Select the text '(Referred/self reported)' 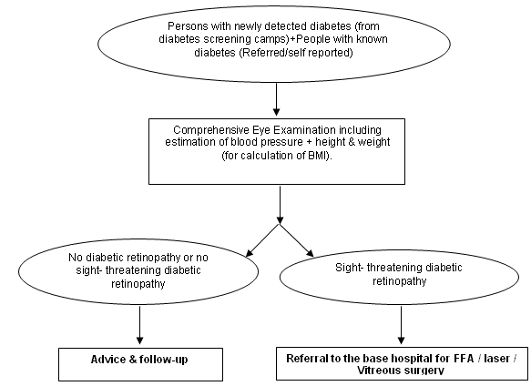point(296,53)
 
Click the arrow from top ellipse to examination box point(276,99)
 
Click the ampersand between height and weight point(352,141)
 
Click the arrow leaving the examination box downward point(280,205)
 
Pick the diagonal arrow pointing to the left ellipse point(262,240)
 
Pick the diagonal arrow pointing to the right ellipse point(297,240)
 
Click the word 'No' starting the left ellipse point(76,258)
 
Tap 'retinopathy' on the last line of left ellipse point(138,283)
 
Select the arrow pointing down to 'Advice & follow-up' point(139,325)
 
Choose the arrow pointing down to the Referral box point(402,325)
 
